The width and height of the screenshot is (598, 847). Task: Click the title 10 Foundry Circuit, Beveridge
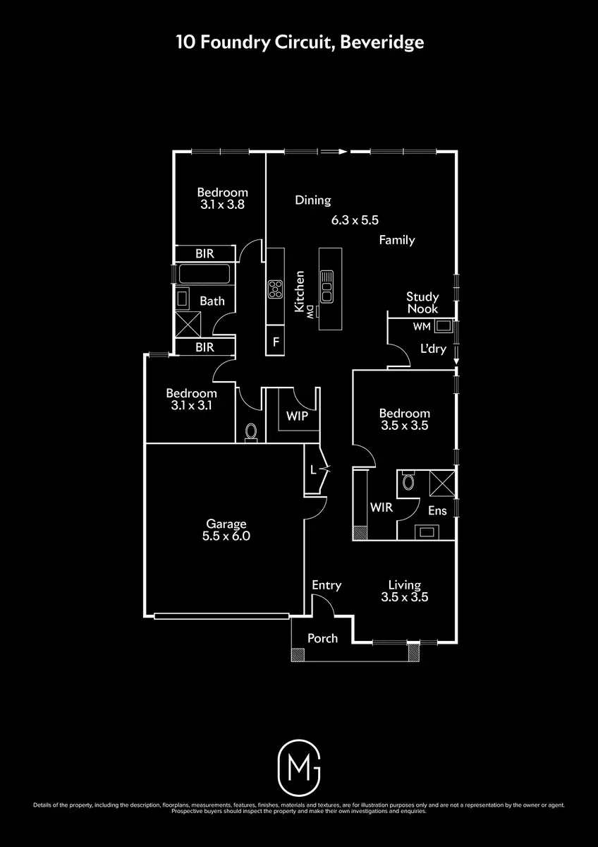[x=300, y=42]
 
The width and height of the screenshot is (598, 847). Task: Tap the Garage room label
[x=226, y=524]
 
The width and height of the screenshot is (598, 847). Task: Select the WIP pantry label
[x=297, y=416]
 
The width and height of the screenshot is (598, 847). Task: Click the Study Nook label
[x=422, y=303]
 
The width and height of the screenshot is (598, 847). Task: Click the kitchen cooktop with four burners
[x=275, y=288]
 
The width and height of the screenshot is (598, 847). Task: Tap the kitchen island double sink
[x=327, y=284]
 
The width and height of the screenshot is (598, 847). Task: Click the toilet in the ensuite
[x=408, y=483]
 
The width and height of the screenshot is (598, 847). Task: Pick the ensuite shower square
[x=443, y=483]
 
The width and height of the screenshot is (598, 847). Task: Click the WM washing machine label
[x=422, y=327]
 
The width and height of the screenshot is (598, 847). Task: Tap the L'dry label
[x=433, y=349]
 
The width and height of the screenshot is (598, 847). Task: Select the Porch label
[x=322, y=638]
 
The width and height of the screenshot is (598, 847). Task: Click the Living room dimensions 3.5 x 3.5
[x=405, y=596]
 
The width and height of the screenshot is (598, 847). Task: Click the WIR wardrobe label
[x=381, y=507]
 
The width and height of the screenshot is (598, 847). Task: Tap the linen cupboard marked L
[x=313, y=469]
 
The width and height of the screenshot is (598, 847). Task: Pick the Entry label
[x=327, y=584]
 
